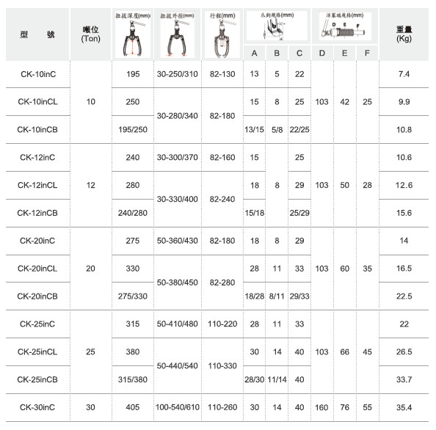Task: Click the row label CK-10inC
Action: (37, 74)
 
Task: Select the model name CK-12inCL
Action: (39, 185)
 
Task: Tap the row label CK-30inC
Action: (37, 407)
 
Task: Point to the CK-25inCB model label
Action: (39, 379)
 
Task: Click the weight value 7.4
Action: (403, 74)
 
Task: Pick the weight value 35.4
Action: (403, 407)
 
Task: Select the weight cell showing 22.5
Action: (403, 296)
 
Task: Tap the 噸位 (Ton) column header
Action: (91, 34)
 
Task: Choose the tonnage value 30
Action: (90, 407)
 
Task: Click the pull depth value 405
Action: (133, 407)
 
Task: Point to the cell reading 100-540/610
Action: (177, 407)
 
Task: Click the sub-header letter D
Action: (322, 54)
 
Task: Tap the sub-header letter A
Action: (254, 54)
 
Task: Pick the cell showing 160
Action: (322, 407)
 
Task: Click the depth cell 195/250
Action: (133, 129)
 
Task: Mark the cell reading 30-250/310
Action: (177, 74)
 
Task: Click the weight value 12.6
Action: (403, 185)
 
